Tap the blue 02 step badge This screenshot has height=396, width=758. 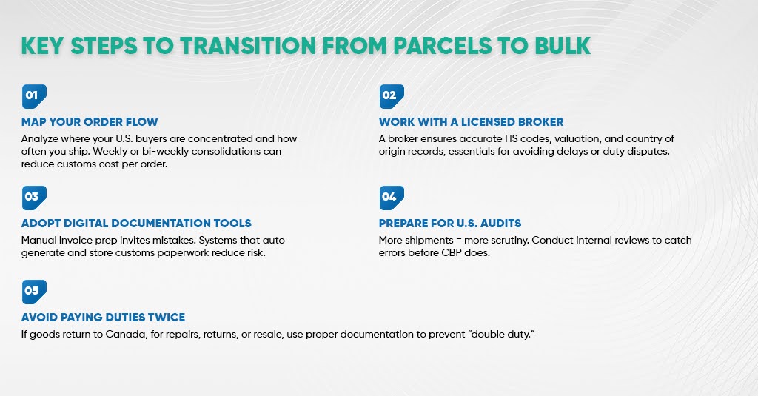point(391,96)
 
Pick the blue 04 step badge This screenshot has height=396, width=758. point(391,198)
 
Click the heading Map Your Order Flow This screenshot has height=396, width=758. point(90,122)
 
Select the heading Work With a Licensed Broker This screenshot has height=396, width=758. point(471,122)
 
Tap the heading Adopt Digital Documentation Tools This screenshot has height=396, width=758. point(136,223)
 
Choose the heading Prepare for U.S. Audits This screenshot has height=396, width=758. point(450,223)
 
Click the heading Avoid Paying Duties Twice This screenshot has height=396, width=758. point(103,317)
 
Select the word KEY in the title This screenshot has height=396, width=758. point(41,45)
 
